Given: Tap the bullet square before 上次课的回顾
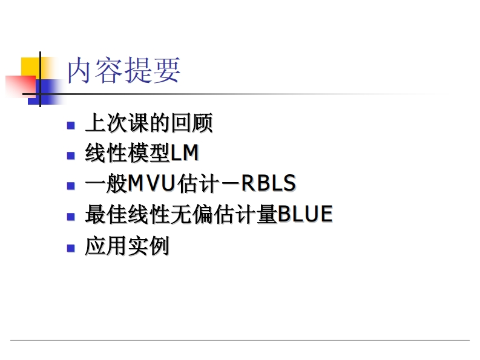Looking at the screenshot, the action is tap(71, 125).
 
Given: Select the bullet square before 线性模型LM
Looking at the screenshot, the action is tap(71, 155).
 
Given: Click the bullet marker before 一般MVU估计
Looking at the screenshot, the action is tap(71, 185).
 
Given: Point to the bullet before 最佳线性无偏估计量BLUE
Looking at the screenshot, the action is tap(71, 216).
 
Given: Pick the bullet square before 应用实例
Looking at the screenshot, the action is tap(71, 247).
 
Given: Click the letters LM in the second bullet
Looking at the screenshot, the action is tap(185, 154).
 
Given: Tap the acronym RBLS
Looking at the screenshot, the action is tap(268, 184).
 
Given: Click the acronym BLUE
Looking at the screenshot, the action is tap(305, 215).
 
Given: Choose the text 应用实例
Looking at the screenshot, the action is tap(127, 246).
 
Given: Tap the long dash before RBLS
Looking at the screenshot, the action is tap(229, 184).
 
